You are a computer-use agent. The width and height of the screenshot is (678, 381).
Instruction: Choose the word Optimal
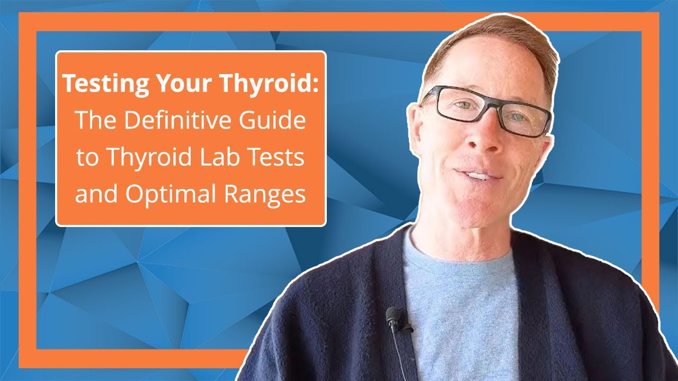[x=167, y=194]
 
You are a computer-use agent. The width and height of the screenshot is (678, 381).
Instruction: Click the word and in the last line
[x=95, y=194]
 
